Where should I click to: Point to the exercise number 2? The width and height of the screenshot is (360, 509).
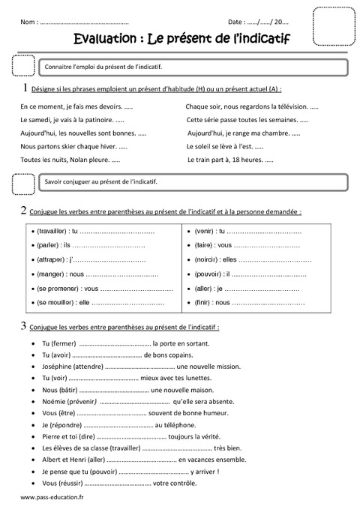coord(25,211)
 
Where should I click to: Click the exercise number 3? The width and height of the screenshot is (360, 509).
coord(25,326)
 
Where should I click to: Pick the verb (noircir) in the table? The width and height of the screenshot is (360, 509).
coord(204,259)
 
